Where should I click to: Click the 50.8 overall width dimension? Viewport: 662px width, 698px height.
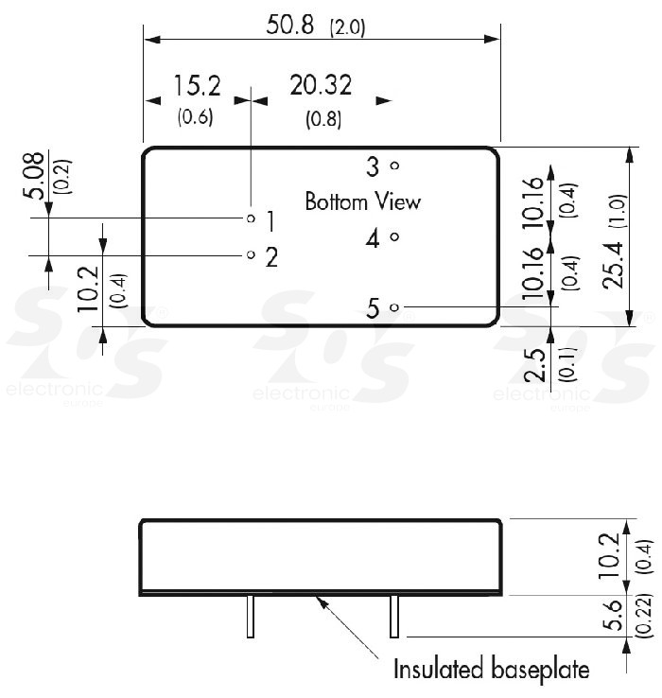[x=289, y=26]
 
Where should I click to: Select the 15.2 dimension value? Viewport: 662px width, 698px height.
[x=196, y=86]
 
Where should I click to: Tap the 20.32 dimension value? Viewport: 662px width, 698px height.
[x=322, y=86]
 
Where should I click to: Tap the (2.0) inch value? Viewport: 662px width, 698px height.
[x=346, y=28]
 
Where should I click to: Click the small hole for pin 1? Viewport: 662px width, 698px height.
[x=251, y=218]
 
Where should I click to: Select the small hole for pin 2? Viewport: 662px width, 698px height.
[x=251, y=255]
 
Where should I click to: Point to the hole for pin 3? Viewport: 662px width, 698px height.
[x=394, y=166]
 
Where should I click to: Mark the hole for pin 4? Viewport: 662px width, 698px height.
[x=394, y=237]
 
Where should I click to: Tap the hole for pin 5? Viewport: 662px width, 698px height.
[x=394, y=307]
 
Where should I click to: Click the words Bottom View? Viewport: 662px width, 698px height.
[x=362, y=201]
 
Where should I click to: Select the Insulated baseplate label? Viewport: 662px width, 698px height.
[x=491, y=670]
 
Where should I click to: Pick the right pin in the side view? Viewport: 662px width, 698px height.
[x=393, y=618]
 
